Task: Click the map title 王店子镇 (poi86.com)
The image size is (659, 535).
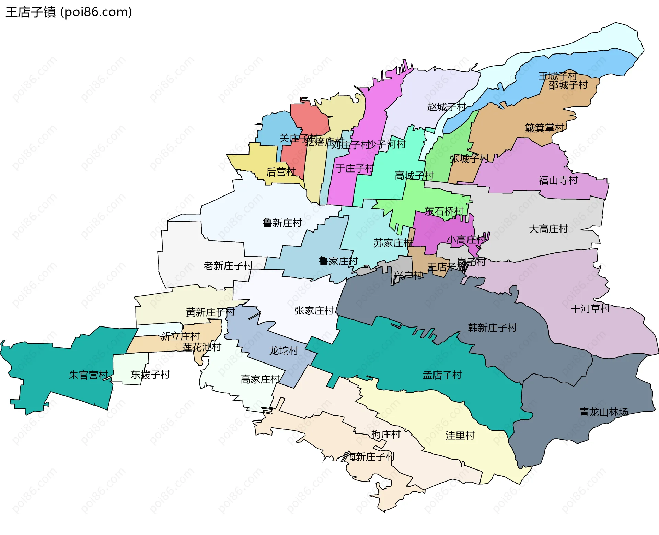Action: click(69, 12)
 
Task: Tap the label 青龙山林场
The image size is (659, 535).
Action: click(603, 412)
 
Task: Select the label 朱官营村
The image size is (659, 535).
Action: click(89, 375)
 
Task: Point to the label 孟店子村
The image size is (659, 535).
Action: click(442, 375)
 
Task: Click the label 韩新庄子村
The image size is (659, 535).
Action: click(492, 328)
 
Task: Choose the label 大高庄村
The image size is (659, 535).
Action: click(548, 229)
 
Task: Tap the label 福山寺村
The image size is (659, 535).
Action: click(558, 180)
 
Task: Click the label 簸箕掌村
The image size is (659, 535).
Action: click(545, 128)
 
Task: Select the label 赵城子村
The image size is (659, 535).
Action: click(447, 107)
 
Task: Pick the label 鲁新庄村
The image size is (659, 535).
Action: click(282, 223)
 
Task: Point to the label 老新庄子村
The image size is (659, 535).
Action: click(228, 265)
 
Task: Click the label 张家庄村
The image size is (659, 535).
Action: click(314, 311)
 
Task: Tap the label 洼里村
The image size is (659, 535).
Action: click(460, 436)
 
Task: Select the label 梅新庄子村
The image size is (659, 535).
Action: click(371, 457)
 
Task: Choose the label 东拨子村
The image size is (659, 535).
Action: click(150, 374)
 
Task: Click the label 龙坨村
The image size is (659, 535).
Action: click(284, 351)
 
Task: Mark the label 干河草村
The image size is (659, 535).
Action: click(590, 309)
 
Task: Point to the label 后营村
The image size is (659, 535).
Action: click(281, 172)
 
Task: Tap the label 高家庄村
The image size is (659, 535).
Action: click(260, 379)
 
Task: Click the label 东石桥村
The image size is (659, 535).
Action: click(444, 211)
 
